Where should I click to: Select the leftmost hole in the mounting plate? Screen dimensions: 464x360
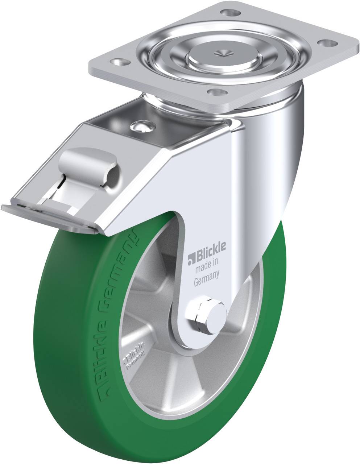tap(118, 62)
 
